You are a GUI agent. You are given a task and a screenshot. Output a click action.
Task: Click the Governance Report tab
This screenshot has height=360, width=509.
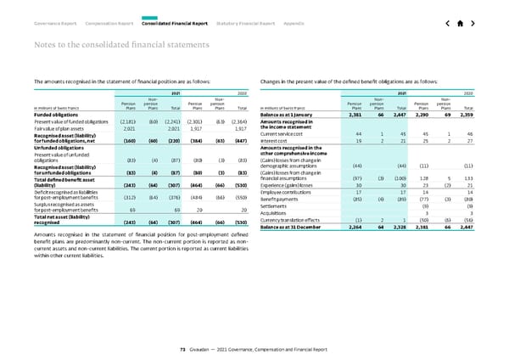point(53,24)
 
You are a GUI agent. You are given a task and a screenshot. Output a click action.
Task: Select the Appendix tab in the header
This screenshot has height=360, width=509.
point(296,24)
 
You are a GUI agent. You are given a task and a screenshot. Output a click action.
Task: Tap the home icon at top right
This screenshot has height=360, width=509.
point(460,24)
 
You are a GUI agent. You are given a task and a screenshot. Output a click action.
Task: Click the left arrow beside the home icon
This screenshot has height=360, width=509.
point(444,24)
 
